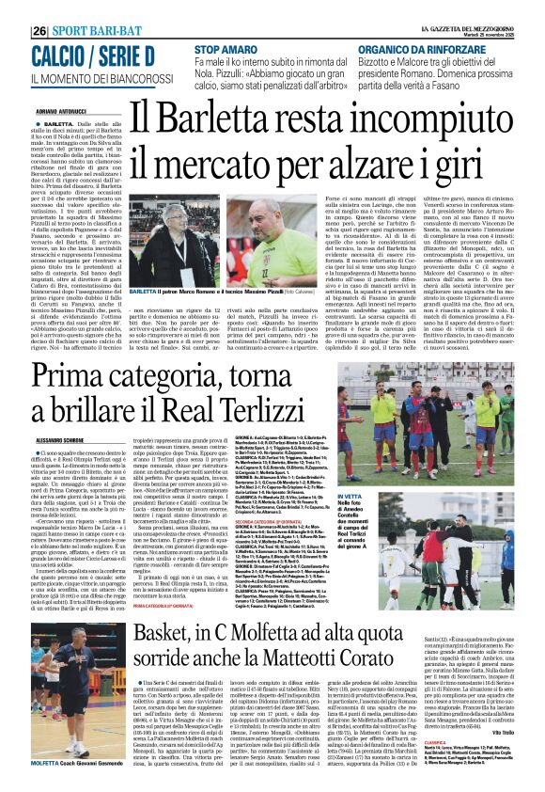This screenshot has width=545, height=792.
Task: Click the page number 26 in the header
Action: (40, 30)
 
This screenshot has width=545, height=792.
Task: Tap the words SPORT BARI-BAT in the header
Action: (95, 30)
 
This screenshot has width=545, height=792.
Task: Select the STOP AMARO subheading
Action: (226, 48)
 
